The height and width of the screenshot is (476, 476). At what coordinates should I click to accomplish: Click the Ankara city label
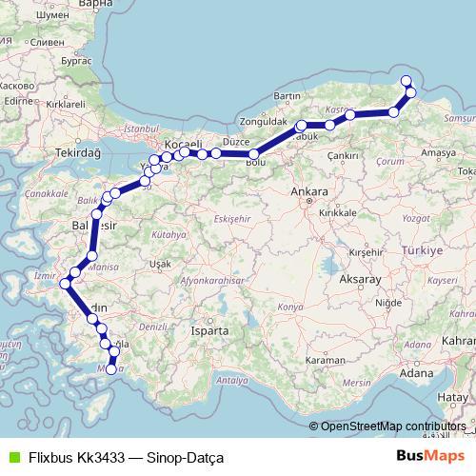(310, 192)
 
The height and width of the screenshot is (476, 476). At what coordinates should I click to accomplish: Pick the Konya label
(288, 307)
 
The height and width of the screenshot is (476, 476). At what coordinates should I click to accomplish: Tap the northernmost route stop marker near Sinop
(407, 81)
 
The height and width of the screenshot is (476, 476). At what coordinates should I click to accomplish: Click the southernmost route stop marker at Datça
(111, 368)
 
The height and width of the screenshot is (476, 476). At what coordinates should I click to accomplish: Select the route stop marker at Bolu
(253, 153)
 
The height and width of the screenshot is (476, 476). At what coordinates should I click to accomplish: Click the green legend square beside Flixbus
(12, 456)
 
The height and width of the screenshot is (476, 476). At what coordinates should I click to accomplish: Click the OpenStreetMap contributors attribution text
(393, 426)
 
